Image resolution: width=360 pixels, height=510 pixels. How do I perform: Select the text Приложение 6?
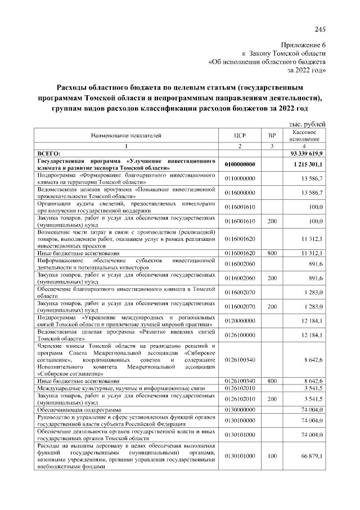pyautogui.click(x=302, y=44)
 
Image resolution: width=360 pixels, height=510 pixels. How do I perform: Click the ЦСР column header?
pyautogui.click(x=240, y=136)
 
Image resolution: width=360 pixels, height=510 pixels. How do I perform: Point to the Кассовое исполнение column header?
pyautogui.click(x=304, y=135)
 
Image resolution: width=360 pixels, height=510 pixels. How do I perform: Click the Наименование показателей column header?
pyautogui.click(x=127, y=136)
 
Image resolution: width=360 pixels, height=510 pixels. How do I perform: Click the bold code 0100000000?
pyautogui.click(x=240, y=164)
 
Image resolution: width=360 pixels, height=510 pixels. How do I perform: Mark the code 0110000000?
pyautogui.click(x=240, y=178)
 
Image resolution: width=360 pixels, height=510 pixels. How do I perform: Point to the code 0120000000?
pyautogui.click(x=240, y=320)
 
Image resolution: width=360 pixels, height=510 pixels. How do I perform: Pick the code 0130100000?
pyautogui.click(x=240, y=420)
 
